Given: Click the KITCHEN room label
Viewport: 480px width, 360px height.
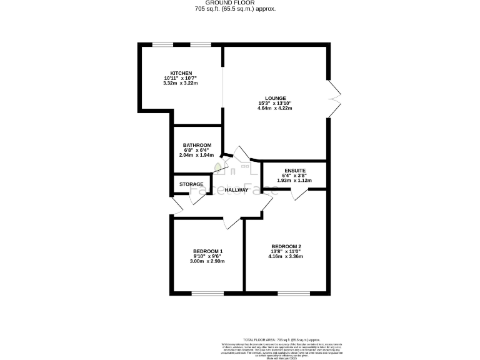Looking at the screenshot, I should [181, 72].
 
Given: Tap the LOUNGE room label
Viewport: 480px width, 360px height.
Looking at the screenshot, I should [275, 98].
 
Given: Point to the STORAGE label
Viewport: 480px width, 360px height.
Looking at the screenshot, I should [191, 184].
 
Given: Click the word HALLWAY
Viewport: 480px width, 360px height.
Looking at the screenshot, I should [237, 189].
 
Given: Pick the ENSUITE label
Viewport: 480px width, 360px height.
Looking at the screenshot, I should [294, 170].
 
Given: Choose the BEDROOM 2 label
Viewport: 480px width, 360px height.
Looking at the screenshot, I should [287, 246].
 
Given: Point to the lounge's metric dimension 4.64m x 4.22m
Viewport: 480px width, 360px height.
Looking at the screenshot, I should [275, 108].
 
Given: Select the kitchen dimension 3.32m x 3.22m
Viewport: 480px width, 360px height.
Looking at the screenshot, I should [181, 82].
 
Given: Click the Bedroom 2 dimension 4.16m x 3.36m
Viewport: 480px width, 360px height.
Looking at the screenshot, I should [287, 256].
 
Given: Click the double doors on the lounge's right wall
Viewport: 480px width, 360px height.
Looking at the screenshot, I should [334, 97].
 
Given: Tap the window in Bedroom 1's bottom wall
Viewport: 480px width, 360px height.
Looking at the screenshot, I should [207, 292].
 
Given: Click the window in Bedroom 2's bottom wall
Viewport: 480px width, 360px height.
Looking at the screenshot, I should [287, 292].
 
